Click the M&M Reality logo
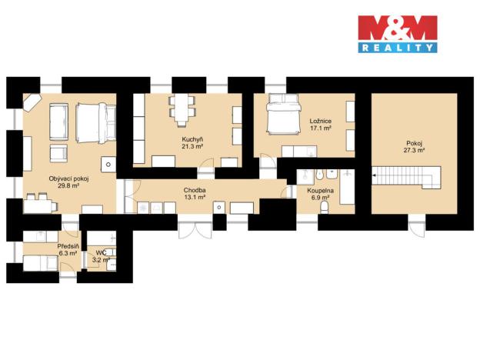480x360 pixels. point(397,34)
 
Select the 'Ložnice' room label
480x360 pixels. point(321,122)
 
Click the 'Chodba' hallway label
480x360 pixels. point(195,189)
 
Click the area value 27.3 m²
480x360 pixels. point(415,152)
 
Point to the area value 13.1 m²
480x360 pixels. point(195,197)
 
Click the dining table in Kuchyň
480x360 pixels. point(181,109)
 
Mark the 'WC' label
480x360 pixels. point(100,252)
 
